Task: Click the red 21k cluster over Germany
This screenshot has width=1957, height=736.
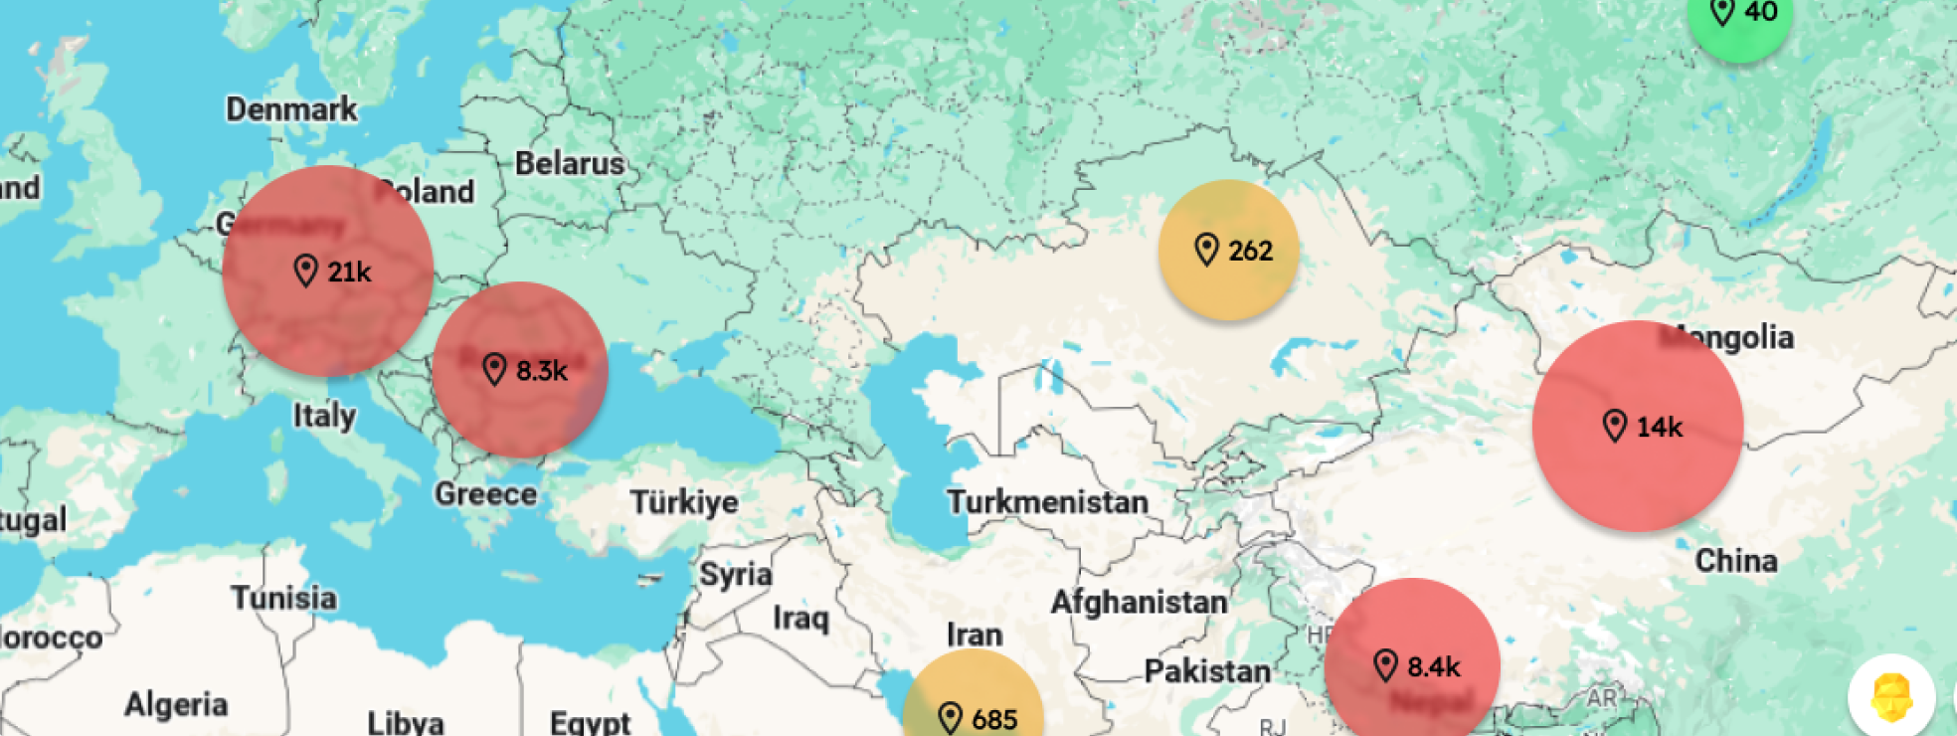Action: (328, 271)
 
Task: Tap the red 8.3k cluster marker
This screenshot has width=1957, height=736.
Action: (520, 370)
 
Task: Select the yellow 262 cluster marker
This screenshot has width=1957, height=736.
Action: (1229, 250)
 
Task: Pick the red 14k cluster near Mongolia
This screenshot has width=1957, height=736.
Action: (1638, 426)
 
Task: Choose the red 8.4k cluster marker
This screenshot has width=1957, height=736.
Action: (1412, 664)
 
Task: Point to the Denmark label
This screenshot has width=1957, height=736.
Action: (291, 108)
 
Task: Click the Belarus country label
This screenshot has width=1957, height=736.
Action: (570, 163)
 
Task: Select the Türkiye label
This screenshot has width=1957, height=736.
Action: (684, 502)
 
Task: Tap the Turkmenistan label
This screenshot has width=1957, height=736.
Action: (1047, 502)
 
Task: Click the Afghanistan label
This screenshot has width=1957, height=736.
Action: (1139, 602)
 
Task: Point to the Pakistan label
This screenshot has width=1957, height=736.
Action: (1207, 671)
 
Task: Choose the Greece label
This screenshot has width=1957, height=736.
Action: (485, 493)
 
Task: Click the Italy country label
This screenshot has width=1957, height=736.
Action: (324, 415)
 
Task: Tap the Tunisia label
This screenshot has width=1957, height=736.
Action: (284, 598)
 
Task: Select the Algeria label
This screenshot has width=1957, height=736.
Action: (176, 705)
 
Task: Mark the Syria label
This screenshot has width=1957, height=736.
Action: (736, 575)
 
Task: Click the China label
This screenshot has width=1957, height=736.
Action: (1736, 560)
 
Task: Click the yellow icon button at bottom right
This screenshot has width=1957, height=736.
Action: (1891, 697)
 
